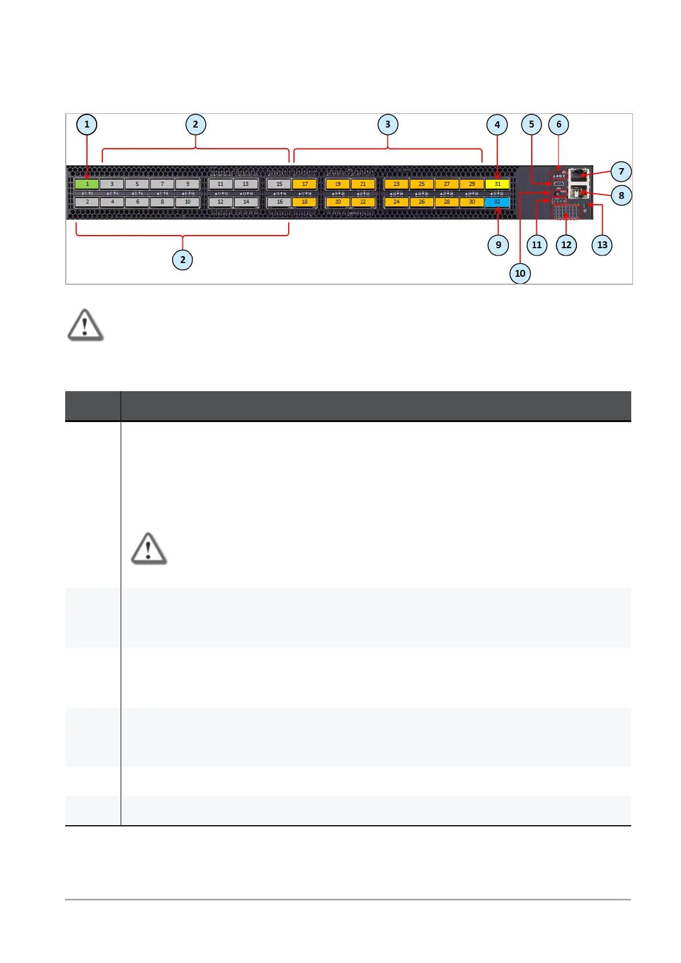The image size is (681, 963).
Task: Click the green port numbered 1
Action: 87,184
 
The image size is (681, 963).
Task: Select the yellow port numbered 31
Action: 497,184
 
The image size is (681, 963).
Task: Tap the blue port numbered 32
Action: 497,202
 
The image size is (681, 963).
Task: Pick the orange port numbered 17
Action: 305,184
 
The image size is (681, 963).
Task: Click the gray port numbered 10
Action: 188,202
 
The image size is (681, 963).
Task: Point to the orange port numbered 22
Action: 363,202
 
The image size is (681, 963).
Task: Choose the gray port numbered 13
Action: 245,184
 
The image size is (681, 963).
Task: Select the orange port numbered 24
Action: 396,202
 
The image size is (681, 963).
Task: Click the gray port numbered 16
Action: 280,202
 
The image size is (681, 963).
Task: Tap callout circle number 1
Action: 87,125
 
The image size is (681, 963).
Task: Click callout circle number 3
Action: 388,125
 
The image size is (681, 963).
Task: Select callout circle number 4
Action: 497,125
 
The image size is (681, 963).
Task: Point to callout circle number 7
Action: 621,172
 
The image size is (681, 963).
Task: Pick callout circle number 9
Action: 498,245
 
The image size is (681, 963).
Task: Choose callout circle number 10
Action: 520,273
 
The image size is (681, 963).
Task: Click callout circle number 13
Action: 602,245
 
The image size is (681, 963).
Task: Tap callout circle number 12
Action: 566,245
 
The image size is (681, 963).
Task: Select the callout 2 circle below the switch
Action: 182,260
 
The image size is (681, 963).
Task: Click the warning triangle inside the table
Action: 149,549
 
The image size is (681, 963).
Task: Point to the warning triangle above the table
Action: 85,325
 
